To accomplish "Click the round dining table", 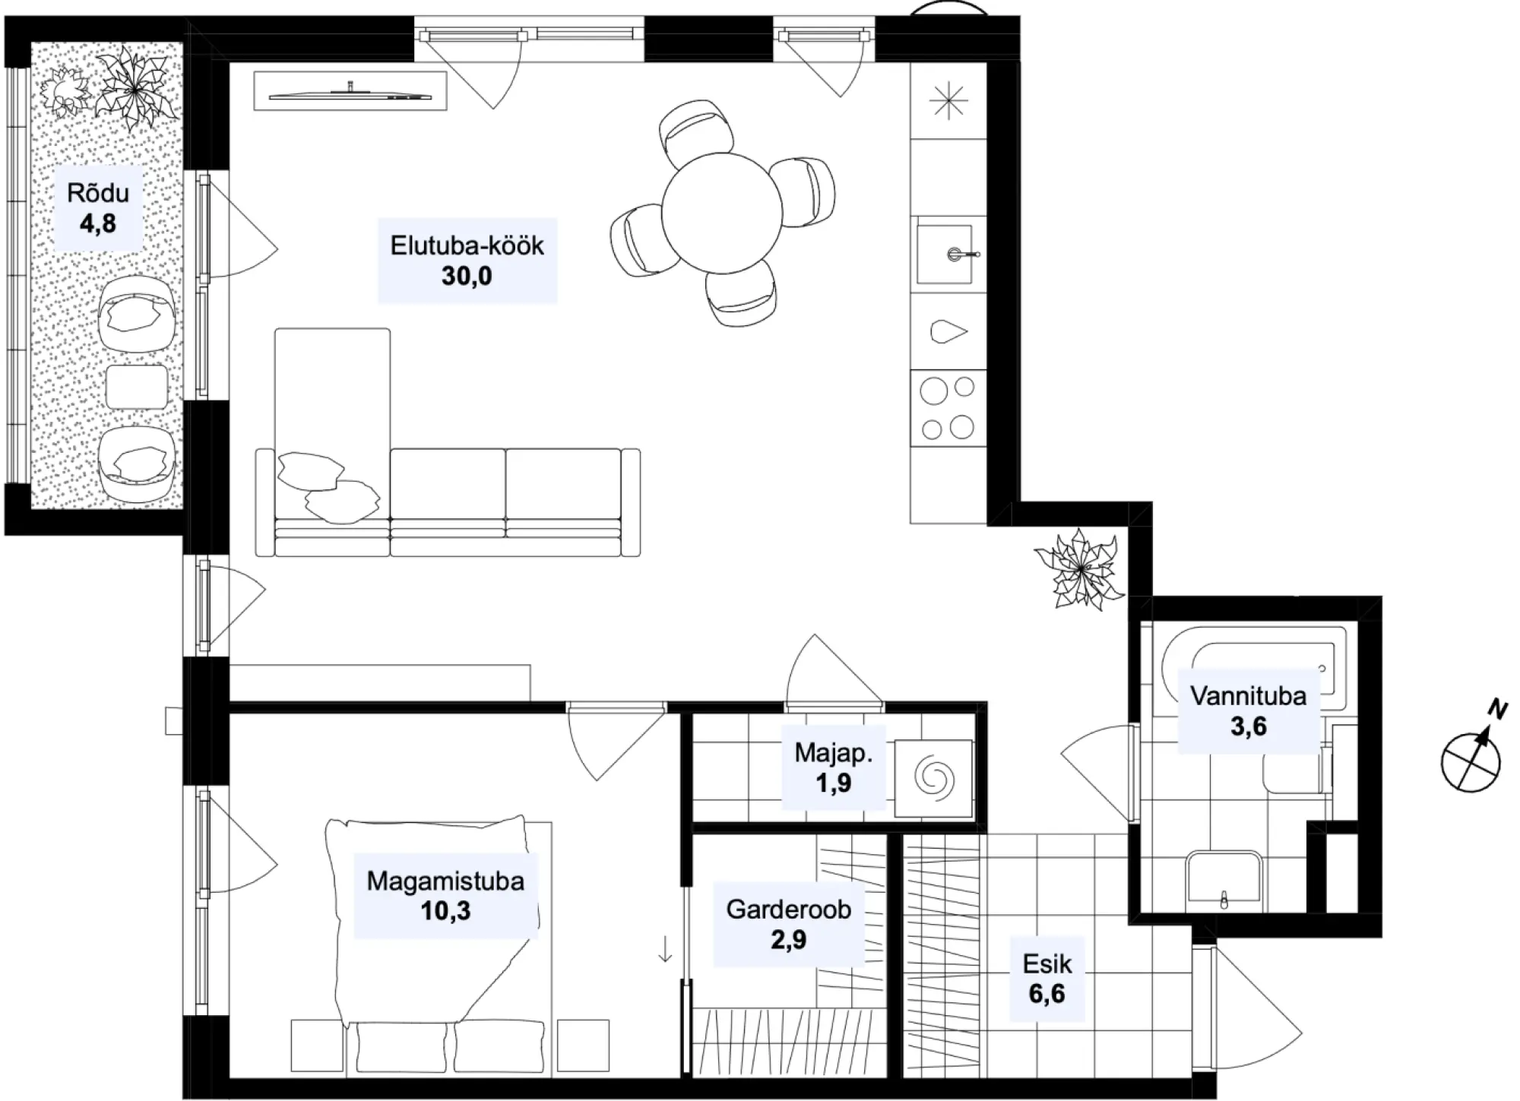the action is coord(721,213).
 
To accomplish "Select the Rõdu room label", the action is coord(98,193).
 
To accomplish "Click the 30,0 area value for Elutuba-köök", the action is coord(467,276).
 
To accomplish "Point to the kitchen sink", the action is coord(945,254).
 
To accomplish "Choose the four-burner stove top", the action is coord(948,408).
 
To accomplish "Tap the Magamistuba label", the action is coord(445,881).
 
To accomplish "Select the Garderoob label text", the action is coord(788,910).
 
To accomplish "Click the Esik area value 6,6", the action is coord(1047,993).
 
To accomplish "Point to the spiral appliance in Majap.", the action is coord(934,778).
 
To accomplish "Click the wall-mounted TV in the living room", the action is coord(350,95).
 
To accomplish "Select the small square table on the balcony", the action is coord(137,388).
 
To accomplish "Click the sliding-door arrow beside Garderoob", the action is coord(665,949).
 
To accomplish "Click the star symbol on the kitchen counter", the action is coord(948,103).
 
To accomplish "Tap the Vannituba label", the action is coord(1249,696).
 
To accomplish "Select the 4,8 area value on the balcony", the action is coord(98,224).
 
